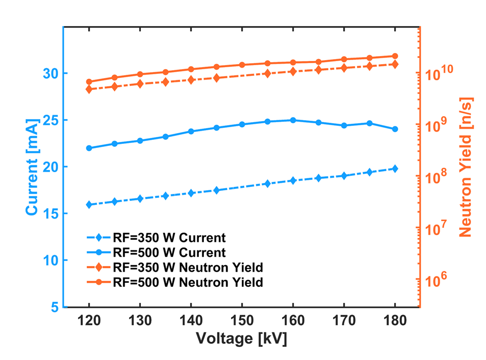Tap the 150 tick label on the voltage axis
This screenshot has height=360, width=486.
pyautogui.click(x=242, y=321)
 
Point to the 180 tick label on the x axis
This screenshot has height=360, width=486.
pyautogui.click(x=395, y=321)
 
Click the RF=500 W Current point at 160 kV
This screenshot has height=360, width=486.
pyautogui.click(x=293, y=120)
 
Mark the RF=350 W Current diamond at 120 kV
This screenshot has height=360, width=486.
pyautogui.click(x=89, y=204)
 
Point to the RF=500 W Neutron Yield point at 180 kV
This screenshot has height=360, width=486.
pyautogui.click(x=395, y=56)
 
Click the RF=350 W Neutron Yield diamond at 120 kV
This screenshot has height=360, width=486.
pyautogui.click(x=89, y=89)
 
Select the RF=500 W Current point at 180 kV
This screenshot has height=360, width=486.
pyautogui.click(x=395, y=129)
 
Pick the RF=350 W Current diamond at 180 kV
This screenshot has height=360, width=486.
pyautogui.click(x=395, y=169)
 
